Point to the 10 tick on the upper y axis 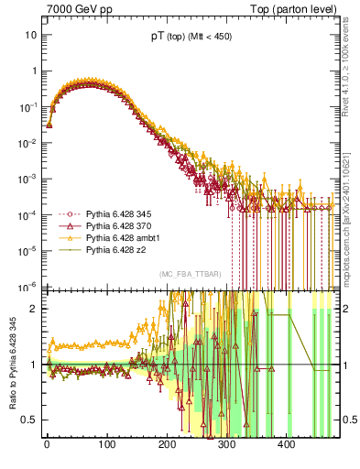coord(30,35)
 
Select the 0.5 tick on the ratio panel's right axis coord(349,420)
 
